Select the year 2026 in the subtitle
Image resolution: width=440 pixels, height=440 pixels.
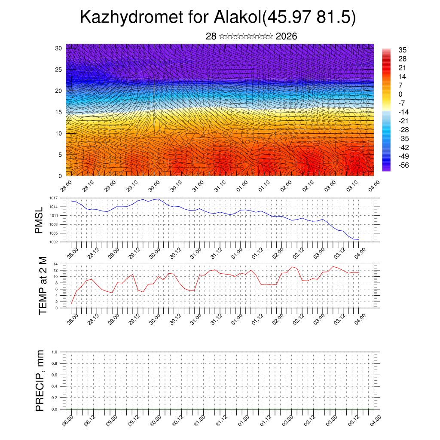286,36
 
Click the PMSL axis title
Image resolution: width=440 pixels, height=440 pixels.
40,220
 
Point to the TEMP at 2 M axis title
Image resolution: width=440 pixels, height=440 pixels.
43,285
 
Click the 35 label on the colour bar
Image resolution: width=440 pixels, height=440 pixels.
402,50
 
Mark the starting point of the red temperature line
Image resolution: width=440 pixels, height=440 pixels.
71,304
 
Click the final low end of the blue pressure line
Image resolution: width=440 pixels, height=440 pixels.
358,239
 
